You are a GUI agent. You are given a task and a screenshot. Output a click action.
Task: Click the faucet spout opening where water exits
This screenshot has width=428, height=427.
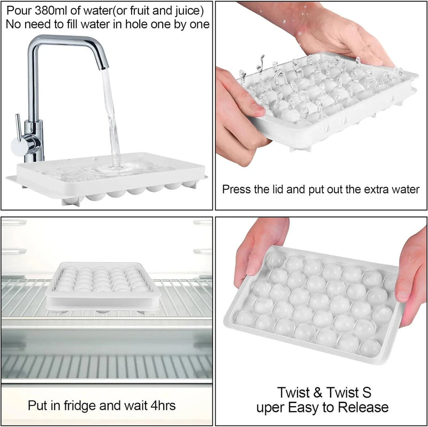click(103, 66)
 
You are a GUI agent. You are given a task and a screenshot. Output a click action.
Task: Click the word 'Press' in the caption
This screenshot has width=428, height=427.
click(236, 189)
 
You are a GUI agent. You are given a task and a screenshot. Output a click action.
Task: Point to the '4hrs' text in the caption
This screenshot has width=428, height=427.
click(161, 405)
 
